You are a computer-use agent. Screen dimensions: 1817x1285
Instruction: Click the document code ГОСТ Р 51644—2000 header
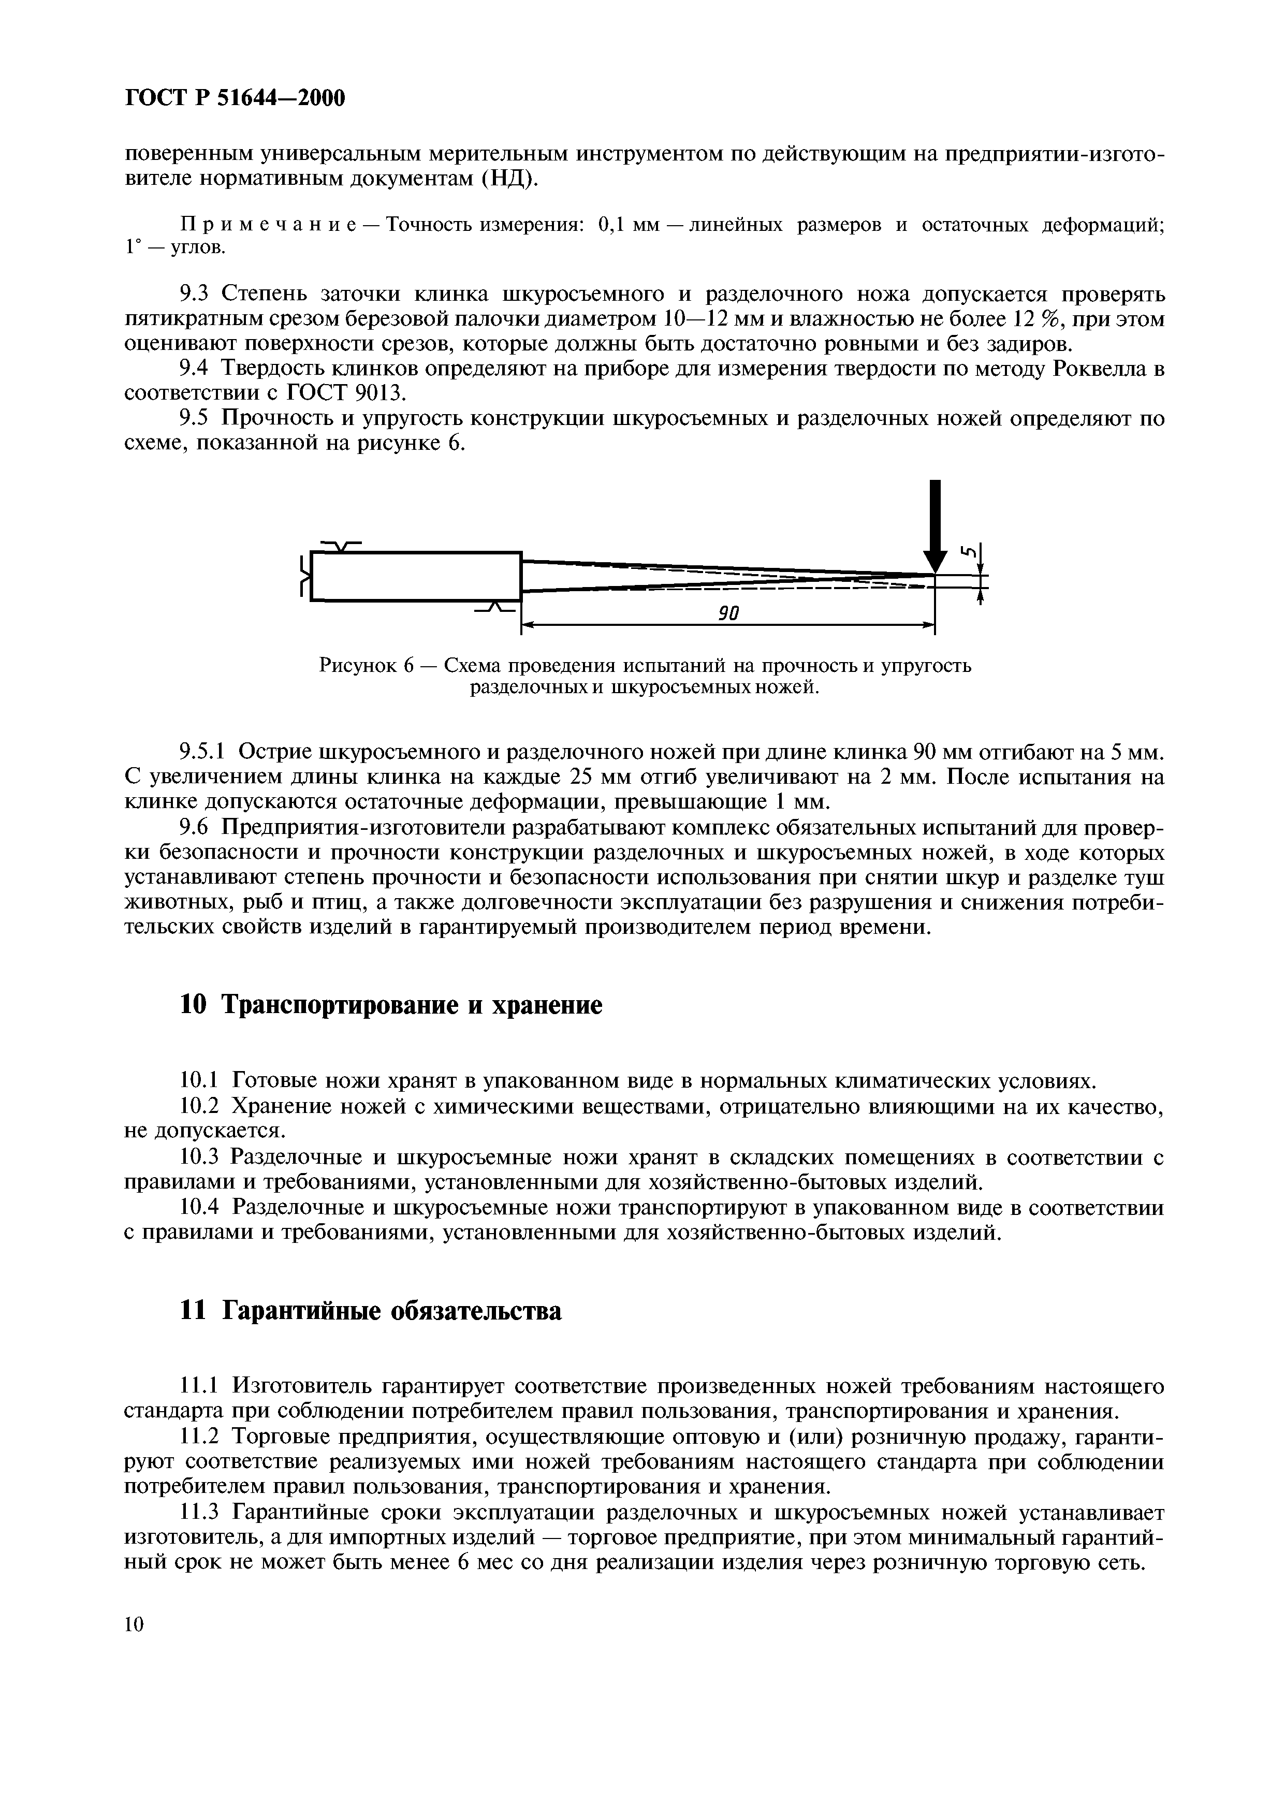(236, 98)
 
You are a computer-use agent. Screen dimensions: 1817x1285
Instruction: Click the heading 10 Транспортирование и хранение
(391, 1005)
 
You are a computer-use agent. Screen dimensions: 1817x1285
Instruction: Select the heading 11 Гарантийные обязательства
(371, 1311)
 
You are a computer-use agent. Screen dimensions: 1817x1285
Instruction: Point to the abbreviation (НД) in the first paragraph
(509, 178)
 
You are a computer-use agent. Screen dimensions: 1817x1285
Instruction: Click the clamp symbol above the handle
(340, 545)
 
